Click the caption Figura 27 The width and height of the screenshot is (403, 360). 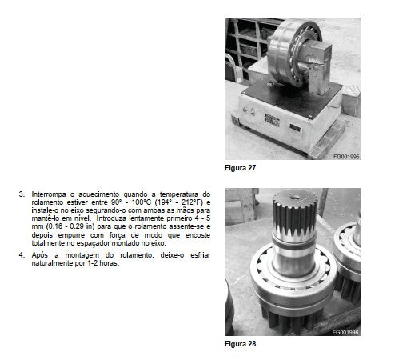pos(240,168)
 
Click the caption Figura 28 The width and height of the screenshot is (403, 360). pos(240,344)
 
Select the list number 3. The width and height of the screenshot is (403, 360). pos(22,194)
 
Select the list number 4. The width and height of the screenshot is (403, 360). pos(22,255)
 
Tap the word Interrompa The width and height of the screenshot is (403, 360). pos(49,194)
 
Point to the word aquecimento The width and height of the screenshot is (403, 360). pos(98,194)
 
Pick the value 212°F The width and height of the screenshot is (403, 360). pos(191,202)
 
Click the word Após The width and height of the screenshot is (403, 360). pos(40,255)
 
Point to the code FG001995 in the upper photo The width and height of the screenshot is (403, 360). pos(346,157)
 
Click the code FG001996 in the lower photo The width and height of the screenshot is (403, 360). pos(345,332)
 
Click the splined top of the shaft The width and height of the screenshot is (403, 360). pos(295,214)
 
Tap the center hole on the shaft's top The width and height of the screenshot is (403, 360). pos(295,198)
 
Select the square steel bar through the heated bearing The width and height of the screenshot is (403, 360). pos(317,66)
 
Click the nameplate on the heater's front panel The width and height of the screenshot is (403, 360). pos(272,120)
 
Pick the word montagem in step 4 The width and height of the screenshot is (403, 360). pos(82,255)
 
